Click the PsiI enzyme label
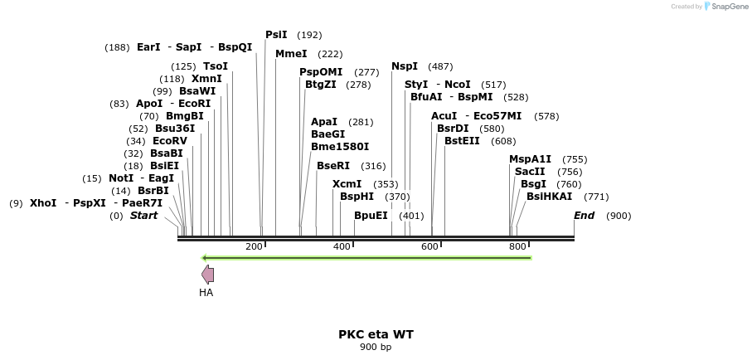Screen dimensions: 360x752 [276, 35]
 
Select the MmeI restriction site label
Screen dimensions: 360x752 [291, 54]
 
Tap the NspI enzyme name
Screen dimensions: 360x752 [405, 66]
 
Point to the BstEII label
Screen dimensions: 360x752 [462, 141]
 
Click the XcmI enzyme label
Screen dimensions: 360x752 [347, 184]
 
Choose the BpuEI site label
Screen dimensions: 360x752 [371, 216]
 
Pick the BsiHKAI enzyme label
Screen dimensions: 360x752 [549, 197]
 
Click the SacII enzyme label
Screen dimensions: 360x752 [531, 172]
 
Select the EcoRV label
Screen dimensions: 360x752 [170, 141]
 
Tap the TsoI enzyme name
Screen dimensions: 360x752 [216, 66]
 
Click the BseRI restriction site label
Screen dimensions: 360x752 [333, 166]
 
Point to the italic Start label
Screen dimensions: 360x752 [143, 216]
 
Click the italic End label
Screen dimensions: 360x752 [584, 216]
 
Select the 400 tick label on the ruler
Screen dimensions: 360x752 [342, 246]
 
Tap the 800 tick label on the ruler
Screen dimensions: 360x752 [518, 246]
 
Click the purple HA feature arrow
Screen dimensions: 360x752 [208, 275]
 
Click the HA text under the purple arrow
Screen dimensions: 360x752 [206, 292]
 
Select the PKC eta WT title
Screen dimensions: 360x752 [376, 334]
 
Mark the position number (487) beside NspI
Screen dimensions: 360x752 [440, 66]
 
